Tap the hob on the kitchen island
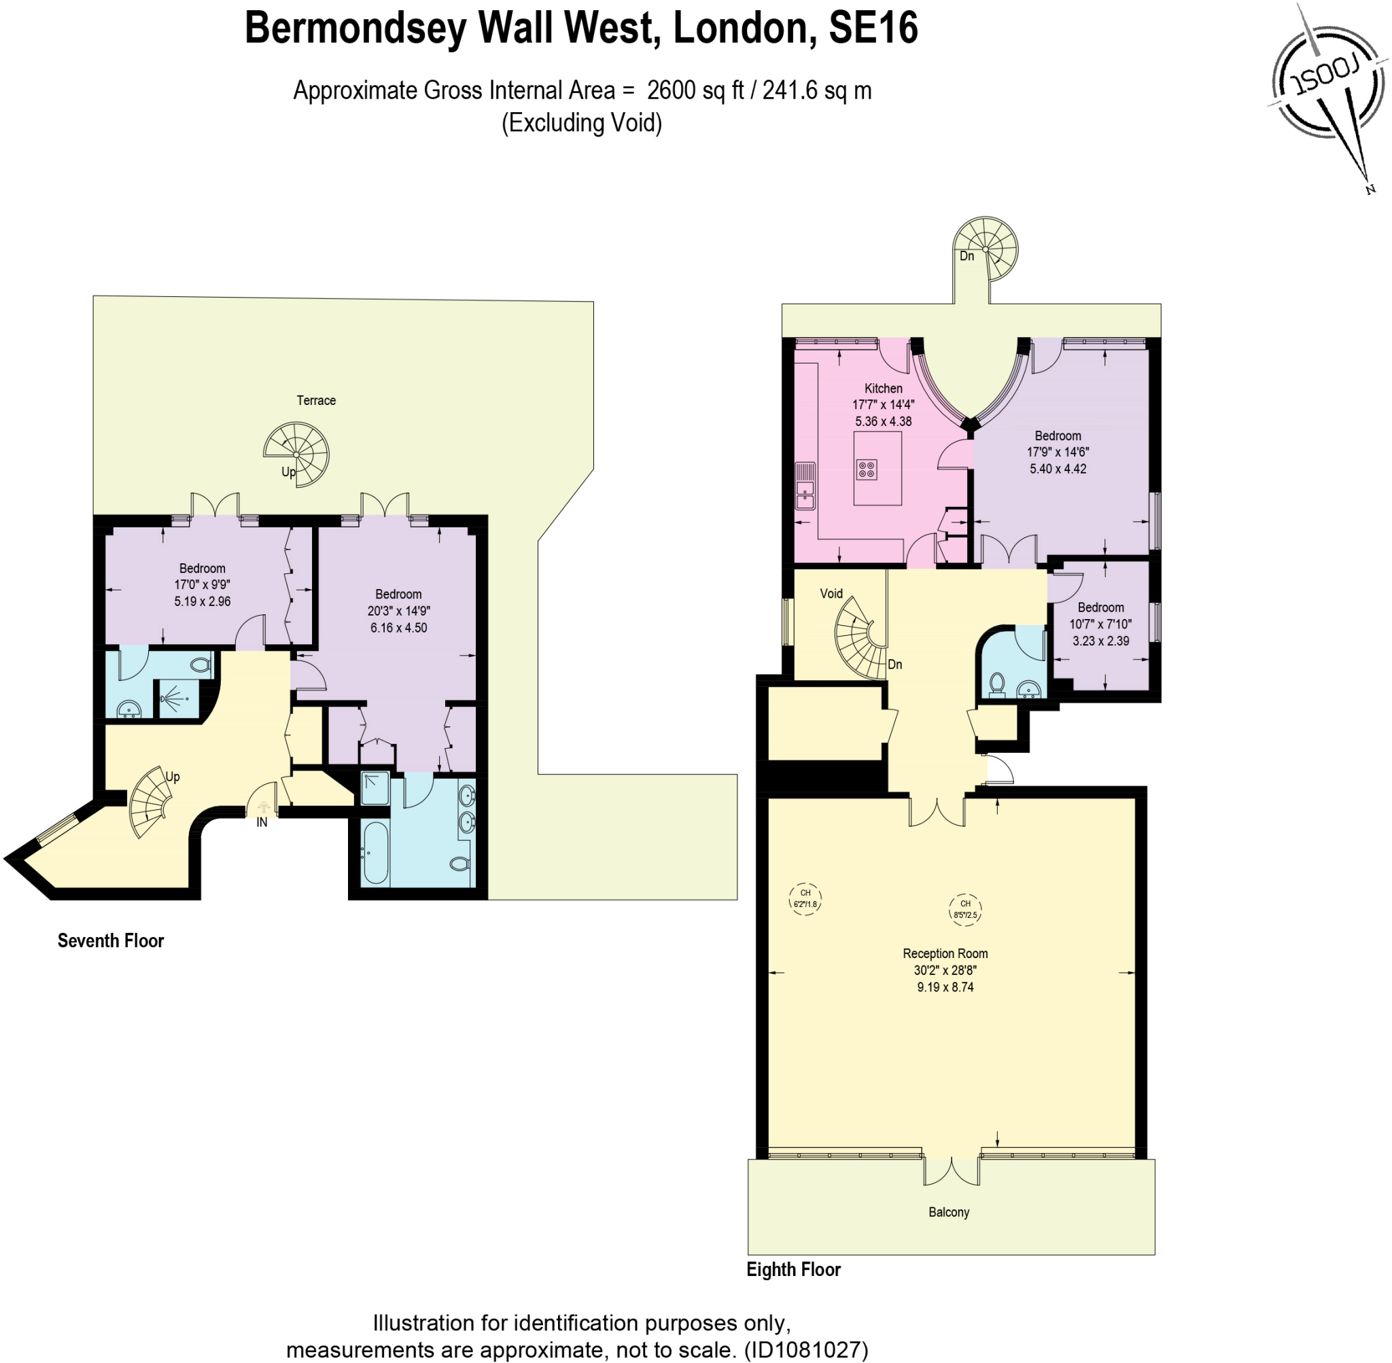[x=867, y=470]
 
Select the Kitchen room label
[x=883, y=388]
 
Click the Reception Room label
[x=945, y=953]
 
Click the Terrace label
[x=316, y=400]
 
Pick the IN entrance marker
[x=262, y=823]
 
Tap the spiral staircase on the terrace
[x=297, y=454]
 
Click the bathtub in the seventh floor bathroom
[x=376, y=852]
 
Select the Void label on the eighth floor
[x=831, y=593]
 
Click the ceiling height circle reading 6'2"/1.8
[x=805, y=899]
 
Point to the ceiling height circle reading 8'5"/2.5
[x=964, y=910]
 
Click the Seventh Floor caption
[x=111, y=940]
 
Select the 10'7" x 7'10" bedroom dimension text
[x=1100, y=624]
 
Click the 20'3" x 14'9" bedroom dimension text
[x=398, y=611]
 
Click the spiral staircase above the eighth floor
[x=986, y=249]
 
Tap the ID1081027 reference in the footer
[x=805, y=1349]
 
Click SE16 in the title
[x=873, y=28]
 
